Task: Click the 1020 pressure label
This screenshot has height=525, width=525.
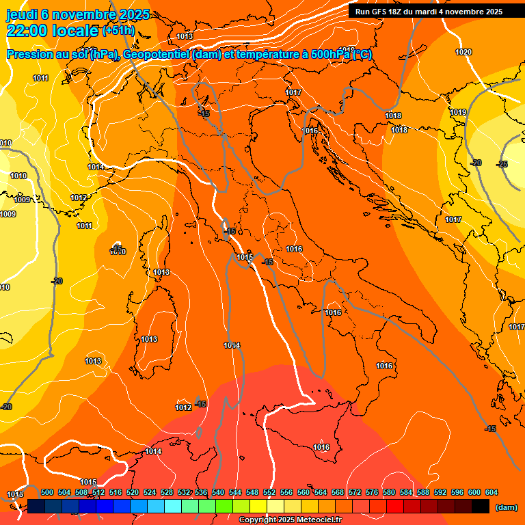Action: [x=463, y=52]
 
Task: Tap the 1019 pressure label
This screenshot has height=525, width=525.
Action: [x=458, y=112]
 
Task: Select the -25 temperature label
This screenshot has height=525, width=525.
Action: [x=502, y=164]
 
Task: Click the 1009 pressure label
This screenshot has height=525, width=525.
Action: [x=22, y=200]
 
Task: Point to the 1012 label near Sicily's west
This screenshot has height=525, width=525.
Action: [x=183, y=407]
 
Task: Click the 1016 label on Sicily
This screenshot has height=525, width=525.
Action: [x=321, y=447]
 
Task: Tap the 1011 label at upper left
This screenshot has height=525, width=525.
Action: [x=40, y=78]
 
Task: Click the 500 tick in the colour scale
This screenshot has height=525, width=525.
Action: [x=47, y=492]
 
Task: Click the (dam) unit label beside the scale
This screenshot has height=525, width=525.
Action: [x=506, y=507]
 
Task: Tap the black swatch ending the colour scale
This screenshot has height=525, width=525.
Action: [x=481, y=506]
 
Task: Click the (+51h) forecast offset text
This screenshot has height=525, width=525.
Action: [x=118, y=31]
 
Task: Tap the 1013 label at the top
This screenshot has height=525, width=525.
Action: [x=184, y=36]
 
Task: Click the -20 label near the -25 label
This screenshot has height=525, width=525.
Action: [x=476, y=163]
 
